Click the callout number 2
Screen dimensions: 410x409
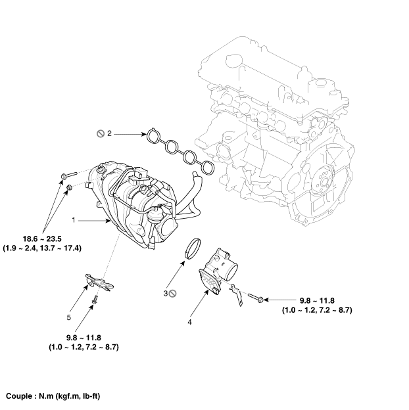[110, 133]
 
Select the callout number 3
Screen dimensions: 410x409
[166, 293]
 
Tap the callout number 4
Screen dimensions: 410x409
[189, 322]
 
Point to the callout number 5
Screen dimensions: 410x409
[68, 317]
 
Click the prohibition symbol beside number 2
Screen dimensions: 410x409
[100, 133]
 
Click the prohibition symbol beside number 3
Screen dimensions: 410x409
[174, 294]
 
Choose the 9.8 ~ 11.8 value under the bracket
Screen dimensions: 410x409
[84, 337]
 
